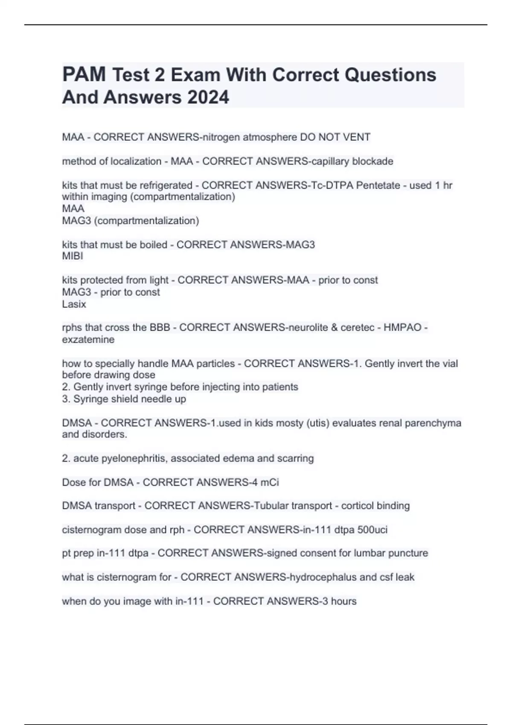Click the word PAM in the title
click(84, 75)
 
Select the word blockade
click(372, 161)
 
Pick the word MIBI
click(73, 256)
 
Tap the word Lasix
click(74, 304)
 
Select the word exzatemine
click(88, 339)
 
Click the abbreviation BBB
click(160, 328)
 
